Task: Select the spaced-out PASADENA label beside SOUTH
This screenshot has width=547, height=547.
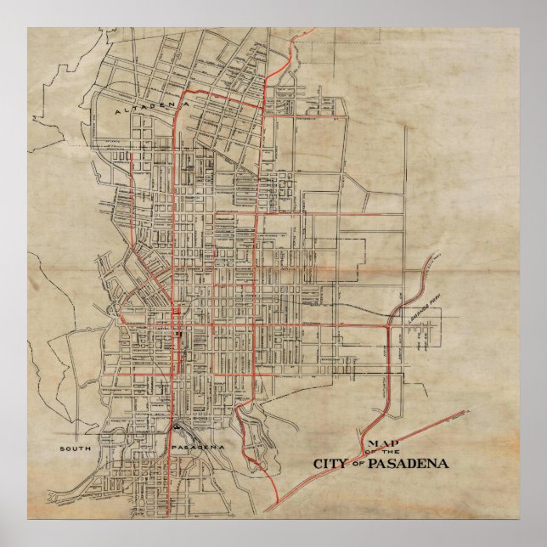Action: pyautogui.click(x=197, y=447)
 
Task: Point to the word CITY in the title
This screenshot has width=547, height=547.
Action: pyautogui.click(x=330, y=464)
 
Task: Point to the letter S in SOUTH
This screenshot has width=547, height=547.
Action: pyautogui.click(x=63, y=447)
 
